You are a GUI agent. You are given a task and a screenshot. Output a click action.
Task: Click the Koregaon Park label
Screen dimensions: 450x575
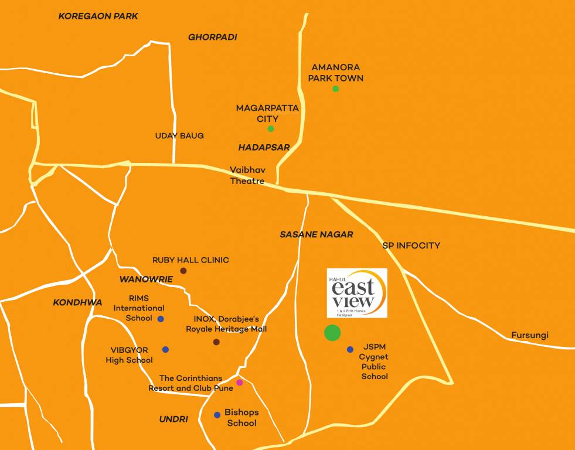[x=98, y=16]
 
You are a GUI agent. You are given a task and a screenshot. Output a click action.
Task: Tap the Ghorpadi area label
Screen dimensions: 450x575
[x=212, y=37]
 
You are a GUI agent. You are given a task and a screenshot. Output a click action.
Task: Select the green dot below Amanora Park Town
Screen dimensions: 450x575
[x=336, y=88]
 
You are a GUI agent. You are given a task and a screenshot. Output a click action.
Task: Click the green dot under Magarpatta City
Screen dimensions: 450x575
[x=271, y=129]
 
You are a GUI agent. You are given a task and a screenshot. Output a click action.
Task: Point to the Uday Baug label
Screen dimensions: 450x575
[x=179, y=136]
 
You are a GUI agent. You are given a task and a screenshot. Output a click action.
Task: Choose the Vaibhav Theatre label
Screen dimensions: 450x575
[x=247, y=175]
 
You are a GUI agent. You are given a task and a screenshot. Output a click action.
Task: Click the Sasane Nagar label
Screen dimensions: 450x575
[x=316, y=234]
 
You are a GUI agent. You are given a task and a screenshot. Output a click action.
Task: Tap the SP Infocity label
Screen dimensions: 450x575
[x=411, y=246]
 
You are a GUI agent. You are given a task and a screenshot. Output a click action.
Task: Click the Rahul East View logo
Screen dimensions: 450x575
[x=357, y=293]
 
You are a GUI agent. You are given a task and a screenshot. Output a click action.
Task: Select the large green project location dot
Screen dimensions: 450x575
[x=332, y=333]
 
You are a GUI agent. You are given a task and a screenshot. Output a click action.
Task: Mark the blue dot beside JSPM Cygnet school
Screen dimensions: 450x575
[x=350, y=349]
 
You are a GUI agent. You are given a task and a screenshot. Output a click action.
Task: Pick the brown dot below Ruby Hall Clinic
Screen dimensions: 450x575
[x=183, y=271]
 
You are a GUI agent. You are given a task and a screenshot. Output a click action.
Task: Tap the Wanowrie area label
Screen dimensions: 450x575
[x=146, y=279]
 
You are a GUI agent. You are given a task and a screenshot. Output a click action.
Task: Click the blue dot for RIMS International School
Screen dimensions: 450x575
[x=161, y=319]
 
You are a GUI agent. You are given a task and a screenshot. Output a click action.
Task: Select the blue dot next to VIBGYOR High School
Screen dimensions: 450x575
[x=165, y=349]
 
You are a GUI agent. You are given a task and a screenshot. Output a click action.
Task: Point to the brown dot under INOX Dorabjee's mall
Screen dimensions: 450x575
[x=216, y=342]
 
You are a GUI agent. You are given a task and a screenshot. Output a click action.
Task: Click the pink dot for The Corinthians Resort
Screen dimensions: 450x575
[x=239, y=383]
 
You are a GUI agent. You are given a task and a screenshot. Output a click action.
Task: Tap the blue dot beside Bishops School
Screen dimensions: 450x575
[x=217, y=415]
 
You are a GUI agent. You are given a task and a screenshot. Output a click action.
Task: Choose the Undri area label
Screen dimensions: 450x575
[x=173, y=419]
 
